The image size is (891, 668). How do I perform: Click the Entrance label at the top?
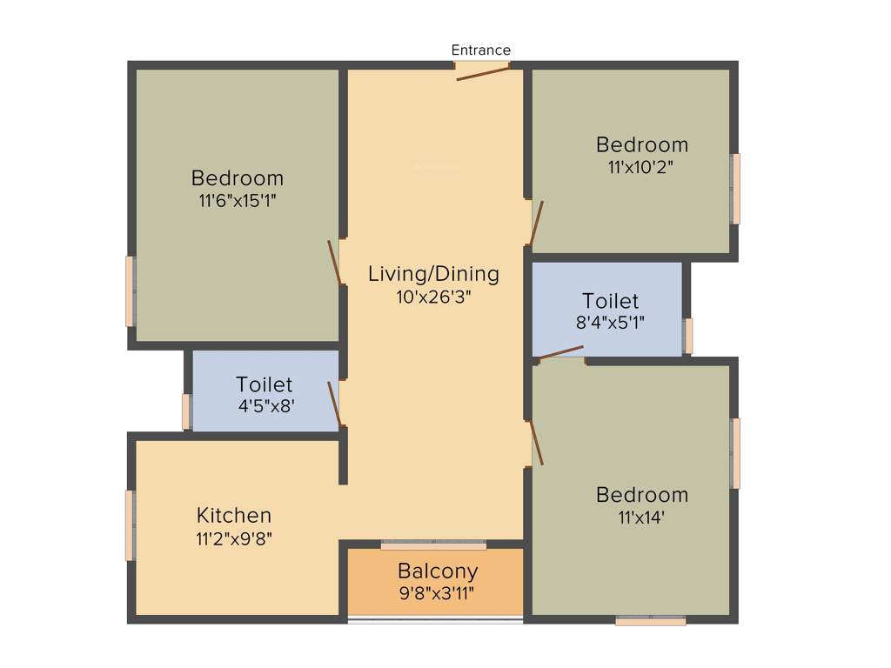(480, 50)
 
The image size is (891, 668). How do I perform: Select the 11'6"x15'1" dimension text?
(238, 200)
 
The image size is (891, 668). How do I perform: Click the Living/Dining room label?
(433, 274)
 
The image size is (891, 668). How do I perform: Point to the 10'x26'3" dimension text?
(433, 296)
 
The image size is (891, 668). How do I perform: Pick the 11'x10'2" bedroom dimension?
(641, 166)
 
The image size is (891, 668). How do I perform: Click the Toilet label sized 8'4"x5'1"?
(610, 301)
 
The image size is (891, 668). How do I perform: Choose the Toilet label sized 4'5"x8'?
(264, 384)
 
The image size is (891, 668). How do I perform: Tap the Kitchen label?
(234, 515)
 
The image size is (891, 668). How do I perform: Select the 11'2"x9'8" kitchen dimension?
(234, 538)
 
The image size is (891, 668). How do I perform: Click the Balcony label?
(438, 571)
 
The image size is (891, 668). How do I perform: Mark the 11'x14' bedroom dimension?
(641, 517)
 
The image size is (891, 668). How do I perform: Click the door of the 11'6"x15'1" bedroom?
(333, 262)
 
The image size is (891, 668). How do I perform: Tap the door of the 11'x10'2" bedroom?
(536, 224)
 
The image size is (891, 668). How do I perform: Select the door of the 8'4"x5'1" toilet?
(560, 352)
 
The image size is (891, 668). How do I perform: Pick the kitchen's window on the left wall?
(131, 525)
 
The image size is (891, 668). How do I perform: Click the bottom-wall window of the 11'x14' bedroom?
(651, 620)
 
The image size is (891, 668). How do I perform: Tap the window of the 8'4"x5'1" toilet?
(687, 336)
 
